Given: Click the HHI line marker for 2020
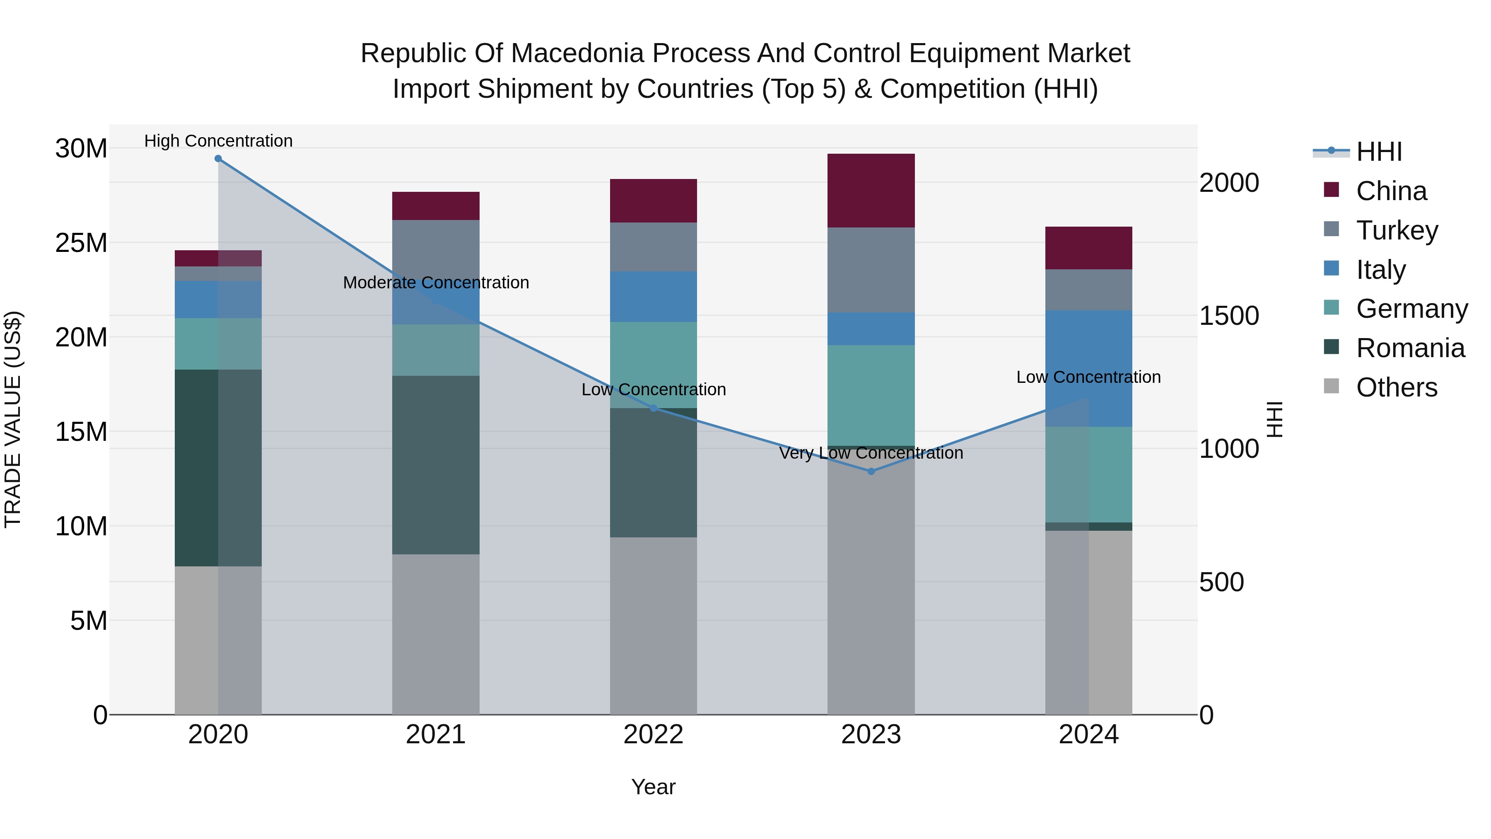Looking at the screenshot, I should [x=218, y=159].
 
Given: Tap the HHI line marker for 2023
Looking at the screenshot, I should [x=871, y=471].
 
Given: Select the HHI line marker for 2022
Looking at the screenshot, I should [x=654, y=408].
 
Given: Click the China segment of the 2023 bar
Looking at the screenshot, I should [x=871, y=191].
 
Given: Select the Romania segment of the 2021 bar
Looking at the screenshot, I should [x=436, y=465].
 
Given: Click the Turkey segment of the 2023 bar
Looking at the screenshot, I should [x=871, y=270].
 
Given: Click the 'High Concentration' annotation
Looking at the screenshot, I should [x=218, y=141].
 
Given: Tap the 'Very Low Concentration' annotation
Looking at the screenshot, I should [x=871, y=453].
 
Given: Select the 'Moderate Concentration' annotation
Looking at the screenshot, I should [x=436, y=283].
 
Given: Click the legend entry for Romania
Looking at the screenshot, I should [x=1410, y=348].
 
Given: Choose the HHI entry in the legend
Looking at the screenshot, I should [x=1379, y=152].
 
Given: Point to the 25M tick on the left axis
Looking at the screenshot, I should [x=81, y=243].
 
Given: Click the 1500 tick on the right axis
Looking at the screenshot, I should [x=1229, y=316].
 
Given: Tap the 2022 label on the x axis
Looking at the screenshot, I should [x=654, y=735].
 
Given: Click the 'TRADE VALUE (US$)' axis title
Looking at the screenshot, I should [x=13, y=419].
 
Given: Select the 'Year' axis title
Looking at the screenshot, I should [x=654, y=787].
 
